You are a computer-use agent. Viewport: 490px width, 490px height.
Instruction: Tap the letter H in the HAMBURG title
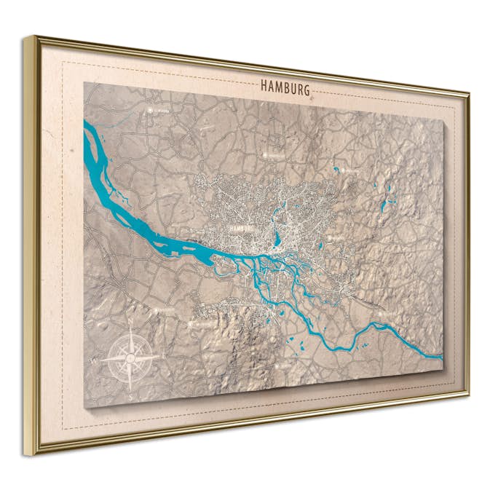pos(264,85)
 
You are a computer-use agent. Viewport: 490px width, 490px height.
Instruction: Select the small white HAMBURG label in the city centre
pos(240,228)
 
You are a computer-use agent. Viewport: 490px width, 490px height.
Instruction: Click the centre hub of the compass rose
pos(129,357)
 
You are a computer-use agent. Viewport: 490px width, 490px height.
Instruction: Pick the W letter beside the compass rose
pos(94,360)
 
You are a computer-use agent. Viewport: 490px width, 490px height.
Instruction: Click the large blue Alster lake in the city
pos(277,237)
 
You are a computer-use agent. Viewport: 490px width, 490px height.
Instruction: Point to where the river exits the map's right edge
pos(439,357)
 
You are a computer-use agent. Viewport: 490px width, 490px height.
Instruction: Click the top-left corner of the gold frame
pos(28,36)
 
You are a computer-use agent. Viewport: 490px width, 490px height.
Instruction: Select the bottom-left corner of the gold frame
pos(29,454)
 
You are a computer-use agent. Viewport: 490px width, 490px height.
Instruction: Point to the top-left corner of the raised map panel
pos(84,82)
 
